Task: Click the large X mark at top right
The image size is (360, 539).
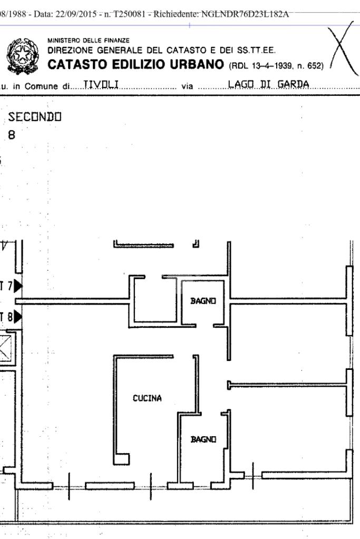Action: (342, 51)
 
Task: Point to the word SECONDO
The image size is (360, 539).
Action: (35, 117)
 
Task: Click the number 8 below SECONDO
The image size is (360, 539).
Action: (11, 135)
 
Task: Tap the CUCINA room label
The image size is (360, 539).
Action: (147, 398)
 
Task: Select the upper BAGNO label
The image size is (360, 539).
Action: (203, 301)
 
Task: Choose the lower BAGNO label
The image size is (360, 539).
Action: (203, 439)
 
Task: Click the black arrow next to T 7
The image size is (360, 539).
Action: (18, 286)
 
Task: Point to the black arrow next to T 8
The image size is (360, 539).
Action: (18, 317)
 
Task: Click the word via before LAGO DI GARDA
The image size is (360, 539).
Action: (187, 86)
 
